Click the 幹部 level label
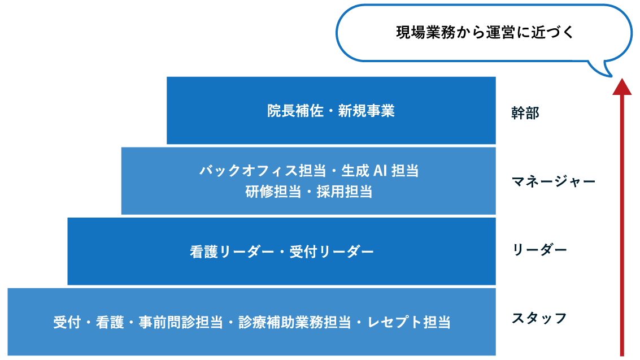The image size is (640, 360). [x=525, y=113]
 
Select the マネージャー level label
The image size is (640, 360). [x=554, y=182]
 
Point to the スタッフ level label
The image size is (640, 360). [x=539, y=318]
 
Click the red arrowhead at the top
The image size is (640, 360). [x=622, y=86]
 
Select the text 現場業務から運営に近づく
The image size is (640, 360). [x=485, y=33]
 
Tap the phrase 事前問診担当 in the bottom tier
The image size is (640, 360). [x=180, y=323]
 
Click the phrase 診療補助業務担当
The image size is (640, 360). [x=292, y=323]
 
